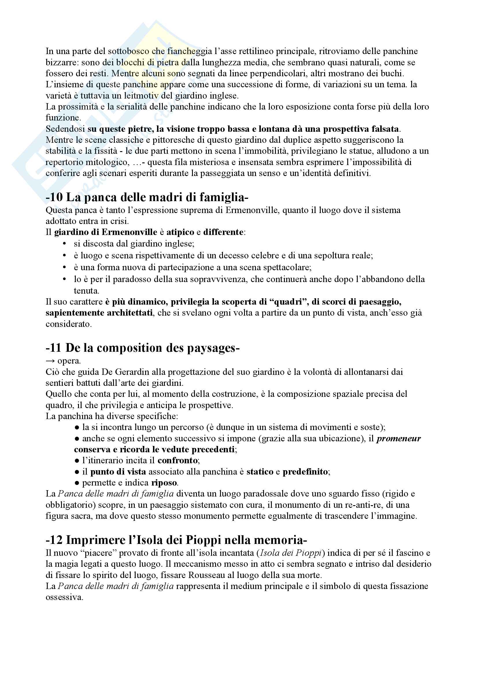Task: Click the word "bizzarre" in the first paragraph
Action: [62, 62]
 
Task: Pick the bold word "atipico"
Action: [180, 232]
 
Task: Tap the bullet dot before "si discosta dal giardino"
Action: [65, 244]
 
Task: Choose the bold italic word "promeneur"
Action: [399, 438]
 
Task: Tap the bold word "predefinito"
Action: [305, 472]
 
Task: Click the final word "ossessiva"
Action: [64, 597]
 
